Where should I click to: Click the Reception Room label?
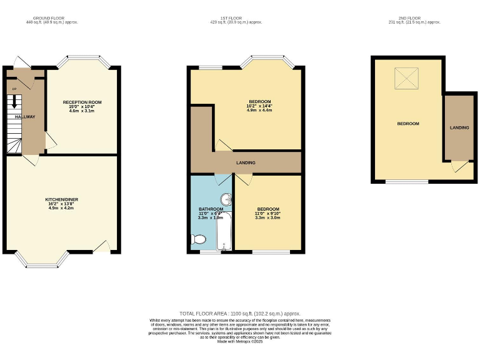tap(82, 102)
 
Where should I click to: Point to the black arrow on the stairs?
tap(14, 104)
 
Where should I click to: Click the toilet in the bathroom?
tap(199, 239)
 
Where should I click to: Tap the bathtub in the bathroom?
tap(224, 232)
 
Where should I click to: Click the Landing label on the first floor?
tap(245, 163)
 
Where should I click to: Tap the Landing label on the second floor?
tap(459, 127)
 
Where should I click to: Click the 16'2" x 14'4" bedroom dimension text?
tap(259, 106)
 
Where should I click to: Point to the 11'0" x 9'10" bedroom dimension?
tap(267, 214)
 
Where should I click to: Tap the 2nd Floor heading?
tap(416, 17)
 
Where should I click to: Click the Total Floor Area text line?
tap(240, 313)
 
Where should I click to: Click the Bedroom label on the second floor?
tap(407, 124)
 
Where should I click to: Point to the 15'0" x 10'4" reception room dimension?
tap(82, 106)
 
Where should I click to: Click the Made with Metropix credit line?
tap(240, 341)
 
